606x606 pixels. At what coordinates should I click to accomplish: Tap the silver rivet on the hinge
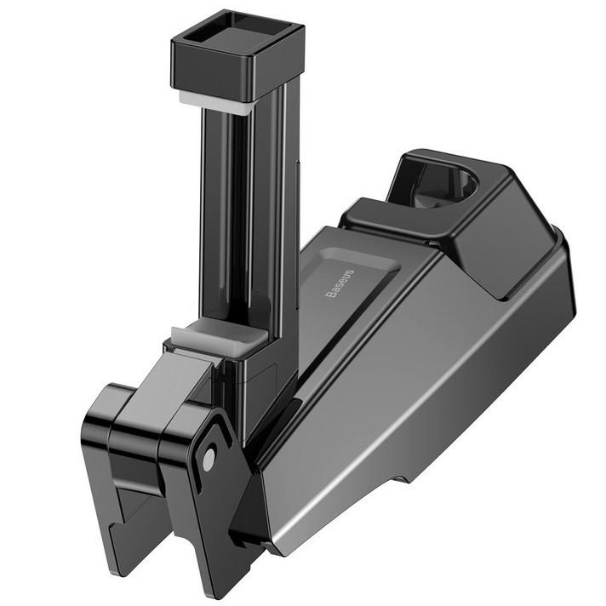pyautogui.click(x=209, y=460)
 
